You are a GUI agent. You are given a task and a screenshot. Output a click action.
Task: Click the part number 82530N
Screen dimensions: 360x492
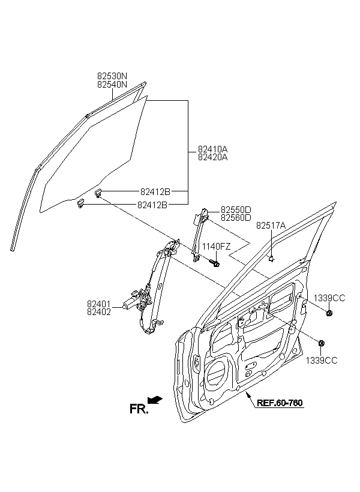pyautogui.click(x=112, y=76)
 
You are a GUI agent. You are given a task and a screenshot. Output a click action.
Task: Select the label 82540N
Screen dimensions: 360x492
pyautogui.click(x=112, y=85)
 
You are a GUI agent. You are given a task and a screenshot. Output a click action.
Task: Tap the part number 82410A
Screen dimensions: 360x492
pyautogui.click(x=212, y=149)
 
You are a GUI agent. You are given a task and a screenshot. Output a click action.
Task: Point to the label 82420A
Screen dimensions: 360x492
pyautogui.click(x=212, y=157)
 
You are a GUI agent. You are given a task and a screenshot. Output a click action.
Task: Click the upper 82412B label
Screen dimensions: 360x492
pyautogui.click(x=155, y=191)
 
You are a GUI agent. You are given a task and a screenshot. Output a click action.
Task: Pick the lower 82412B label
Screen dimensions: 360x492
pyautogui.click(x=152, y=205)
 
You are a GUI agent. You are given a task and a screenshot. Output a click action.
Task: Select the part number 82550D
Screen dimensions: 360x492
pyautogui.click(x=236, y=209)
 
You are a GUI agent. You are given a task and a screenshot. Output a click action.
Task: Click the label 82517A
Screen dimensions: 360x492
pyautogui.click(x=271, y=225)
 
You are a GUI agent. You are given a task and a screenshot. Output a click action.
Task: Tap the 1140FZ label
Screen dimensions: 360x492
pyautogui.click(x=216, y=247)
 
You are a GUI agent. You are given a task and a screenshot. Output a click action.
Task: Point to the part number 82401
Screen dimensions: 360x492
pyautogui.click(x=99, y=304)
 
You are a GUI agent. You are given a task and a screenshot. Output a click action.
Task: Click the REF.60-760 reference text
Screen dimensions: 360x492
pyautogui.click(x=280, y=403)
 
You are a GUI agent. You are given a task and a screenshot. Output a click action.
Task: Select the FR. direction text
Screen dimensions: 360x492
pyautogui.click(x=139, y=409)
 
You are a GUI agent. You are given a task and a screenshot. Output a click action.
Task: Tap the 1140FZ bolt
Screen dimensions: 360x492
pyautogui.click(x=215, y=263)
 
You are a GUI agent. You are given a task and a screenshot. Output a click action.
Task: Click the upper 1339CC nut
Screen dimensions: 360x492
pyautogui.click(x=329, y=313)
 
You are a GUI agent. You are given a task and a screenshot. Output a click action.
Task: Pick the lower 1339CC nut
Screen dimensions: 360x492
pyautogui.click(x=321, y=343)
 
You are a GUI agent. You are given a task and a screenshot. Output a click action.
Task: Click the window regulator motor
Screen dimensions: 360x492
pyautogui.click(x=131, y=302)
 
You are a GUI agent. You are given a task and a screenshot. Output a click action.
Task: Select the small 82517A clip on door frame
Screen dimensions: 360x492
pyautogui.click(x=271, y=259)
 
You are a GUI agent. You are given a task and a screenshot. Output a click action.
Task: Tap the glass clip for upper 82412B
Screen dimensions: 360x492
pyautogui.click(x=98, y=193)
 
